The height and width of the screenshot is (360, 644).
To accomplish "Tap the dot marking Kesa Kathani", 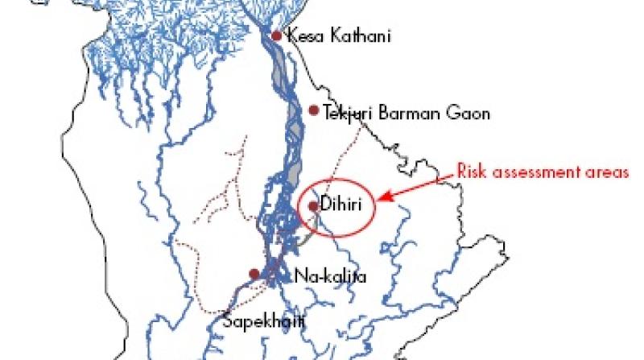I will pyautogui.click(x=276, y=35).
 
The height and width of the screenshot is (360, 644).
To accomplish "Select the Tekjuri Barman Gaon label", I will pyautogui.click(x=406, y=114).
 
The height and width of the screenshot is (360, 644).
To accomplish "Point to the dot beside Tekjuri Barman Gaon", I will pyautogui.click(x=314, y=110).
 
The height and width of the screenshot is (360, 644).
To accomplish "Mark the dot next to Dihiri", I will pyautogui.click(x=312, y=206).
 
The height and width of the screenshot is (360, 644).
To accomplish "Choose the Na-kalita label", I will pyautogui.click(x=330, y=276).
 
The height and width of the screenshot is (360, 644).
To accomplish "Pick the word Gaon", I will pyautogui.click(x=470, y=114).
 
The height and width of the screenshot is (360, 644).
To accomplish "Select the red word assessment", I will pyautogui.click(x=532, y=172).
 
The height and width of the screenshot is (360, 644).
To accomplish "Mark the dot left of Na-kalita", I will pyautogui.click(x=254, y=274).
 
